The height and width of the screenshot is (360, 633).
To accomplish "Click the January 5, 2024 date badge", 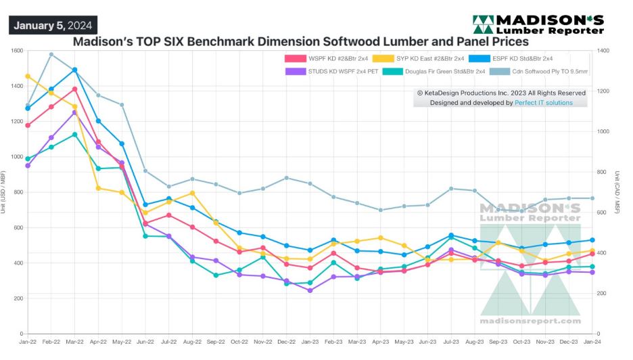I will [x=53, y=25].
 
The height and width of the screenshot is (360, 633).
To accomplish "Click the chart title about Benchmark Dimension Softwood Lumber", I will [x=300, y=41].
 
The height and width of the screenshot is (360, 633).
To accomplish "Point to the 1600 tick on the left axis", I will [x=16, y=51].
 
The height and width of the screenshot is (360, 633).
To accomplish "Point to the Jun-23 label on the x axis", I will [x=427, y=344].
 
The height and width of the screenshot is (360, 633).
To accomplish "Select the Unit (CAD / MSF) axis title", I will [x=617, y=193].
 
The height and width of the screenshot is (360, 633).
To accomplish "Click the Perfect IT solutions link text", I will [x=544, y=103].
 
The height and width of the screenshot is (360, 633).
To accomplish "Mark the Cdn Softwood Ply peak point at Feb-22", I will [x=51, y=54].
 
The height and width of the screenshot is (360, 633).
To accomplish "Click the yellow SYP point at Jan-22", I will [x=28, y=76].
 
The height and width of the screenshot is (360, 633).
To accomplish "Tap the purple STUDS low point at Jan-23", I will [x=310, y=290].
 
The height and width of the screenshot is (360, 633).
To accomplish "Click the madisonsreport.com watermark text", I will [x=530, y=321].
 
